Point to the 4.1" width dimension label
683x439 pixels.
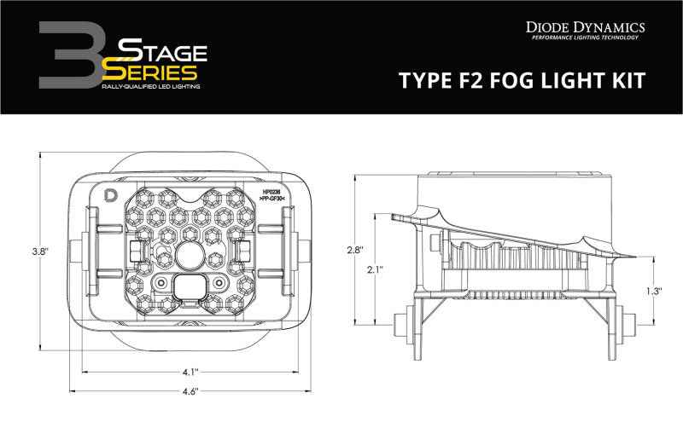pos(190,371)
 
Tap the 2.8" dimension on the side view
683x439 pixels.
pos(356,250)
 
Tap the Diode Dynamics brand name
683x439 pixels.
pos(588,27)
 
